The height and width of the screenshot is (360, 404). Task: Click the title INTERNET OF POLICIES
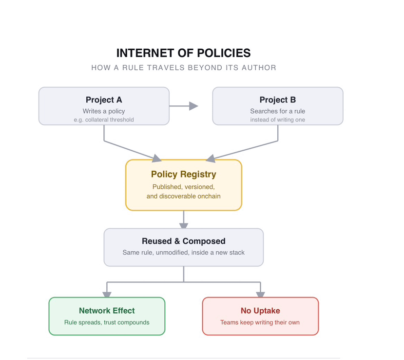coord(183,53)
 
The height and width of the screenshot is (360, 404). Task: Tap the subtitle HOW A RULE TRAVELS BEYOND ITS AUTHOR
coord(184,68)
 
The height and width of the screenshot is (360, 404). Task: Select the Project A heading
coord(104,100)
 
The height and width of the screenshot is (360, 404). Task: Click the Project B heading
coord(278,100)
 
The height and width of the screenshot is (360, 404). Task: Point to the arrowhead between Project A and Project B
coord(193,106)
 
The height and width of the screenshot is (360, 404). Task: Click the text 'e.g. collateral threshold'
coord(104,120)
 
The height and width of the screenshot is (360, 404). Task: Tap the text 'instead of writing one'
coord(278,120)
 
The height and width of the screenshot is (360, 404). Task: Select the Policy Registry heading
coord(184,174)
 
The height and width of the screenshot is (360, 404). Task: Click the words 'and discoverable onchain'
coord(184,196)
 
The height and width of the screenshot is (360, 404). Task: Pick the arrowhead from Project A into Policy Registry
coord(156,159)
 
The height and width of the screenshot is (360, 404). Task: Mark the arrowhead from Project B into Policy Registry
coord(211,159)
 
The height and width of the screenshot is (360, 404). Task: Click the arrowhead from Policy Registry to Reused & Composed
coord(184,226)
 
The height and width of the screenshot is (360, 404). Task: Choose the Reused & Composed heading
coord(184,241)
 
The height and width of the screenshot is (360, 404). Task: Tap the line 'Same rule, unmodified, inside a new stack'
coord(184,253)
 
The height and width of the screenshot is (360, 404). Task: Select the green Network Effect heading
coord(107,311)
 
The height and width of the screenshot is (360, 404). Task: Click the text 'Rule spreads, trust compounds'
coord(107,322)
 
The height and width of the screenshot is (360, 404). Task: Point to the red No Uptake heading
coord(261,311)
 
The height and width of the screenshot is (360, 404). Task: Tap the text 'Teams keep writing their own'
coord(260,322)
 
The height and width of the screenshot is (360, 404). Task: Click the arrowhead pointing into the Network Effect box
coord(107,295)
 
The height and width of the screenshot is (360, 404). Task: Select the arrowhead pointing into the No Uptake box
coord(261,295)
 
